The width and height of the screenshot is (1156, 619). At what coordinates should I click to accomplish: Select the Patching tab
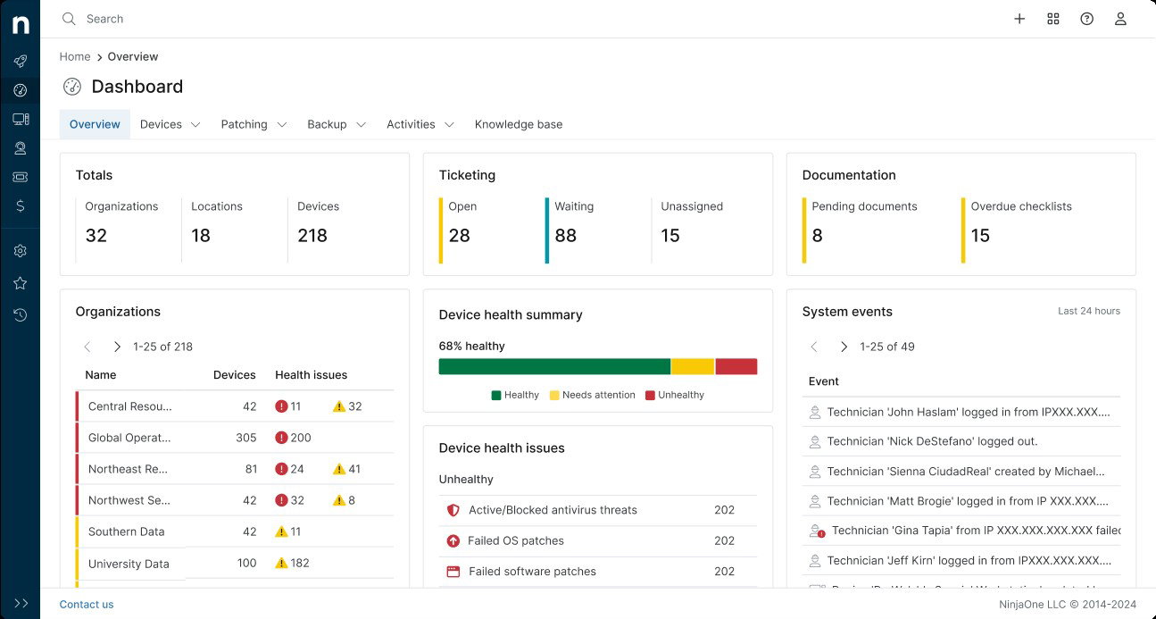pos(244,124)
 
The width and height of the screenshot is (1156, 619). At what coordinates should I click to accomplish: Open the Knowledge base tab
pos(518,124)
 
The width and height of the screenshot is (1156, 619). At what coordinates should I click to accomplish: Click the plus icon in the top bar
pos(1019,19)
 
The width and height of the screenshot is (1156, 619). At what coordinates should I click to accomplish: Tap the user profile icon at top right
pos(1120,19)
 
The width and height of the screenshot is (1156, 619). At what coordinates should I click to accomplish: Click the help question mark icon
pos(1086,19)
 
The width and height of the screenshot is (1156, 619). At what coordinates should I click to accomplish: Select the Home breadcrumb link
pos(75,56)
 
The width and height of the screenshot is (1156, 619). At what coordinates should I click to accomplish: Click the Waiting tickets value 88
pos(565,236)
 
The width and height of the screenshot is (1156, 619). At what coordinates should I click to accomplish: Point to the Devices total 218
pos(312,236)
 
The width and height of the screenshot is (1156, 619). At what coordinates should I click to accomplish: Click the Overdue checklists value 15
pos(980,236)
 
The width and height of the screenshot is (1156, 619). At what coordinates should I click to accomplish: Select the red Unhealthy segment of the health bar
pos(736,366)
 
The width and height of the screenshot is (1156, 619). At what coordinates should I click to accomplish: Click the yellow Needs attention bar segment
pos(692,366)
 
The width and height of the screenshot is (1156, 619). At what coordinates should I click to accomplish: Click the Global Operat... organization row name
pos(129,438)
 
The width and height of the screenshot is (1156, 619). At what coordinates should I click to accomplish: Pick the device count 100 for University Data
pos(246,563)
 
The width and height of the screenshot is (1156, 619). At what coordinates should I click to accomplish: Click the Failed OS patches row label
pos(516,540)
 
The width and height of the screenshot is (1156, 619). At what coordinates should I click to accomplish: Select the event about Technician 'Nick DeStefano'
pos(932,441)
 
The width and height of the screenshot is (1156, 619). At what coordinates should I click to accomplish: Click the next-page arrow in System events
pos(844,347)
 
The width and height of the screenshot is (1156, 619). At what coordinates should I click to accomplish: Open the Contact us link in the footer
pos(87,605)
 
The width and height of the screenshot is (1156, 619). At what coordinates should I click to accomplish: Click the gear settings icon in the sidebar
pos(20,251)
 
